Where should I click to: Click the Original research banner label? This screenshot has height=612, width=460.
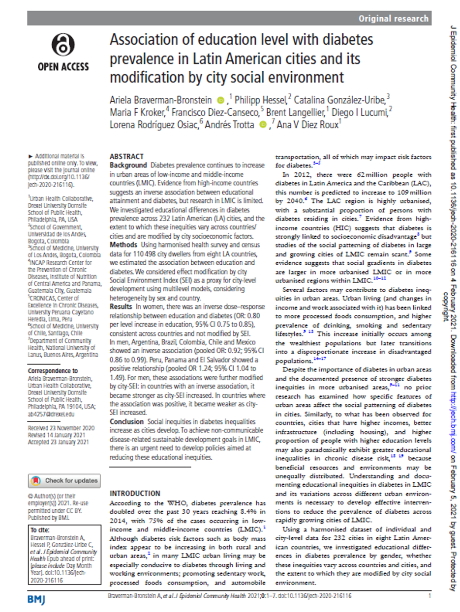393,19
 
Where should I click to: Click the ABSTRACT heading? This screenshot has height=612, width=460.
126,156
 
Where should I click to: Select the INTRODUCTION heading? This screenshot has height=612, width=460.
135,493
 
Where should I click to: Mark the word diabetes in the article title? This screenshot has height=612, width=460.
344,40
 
